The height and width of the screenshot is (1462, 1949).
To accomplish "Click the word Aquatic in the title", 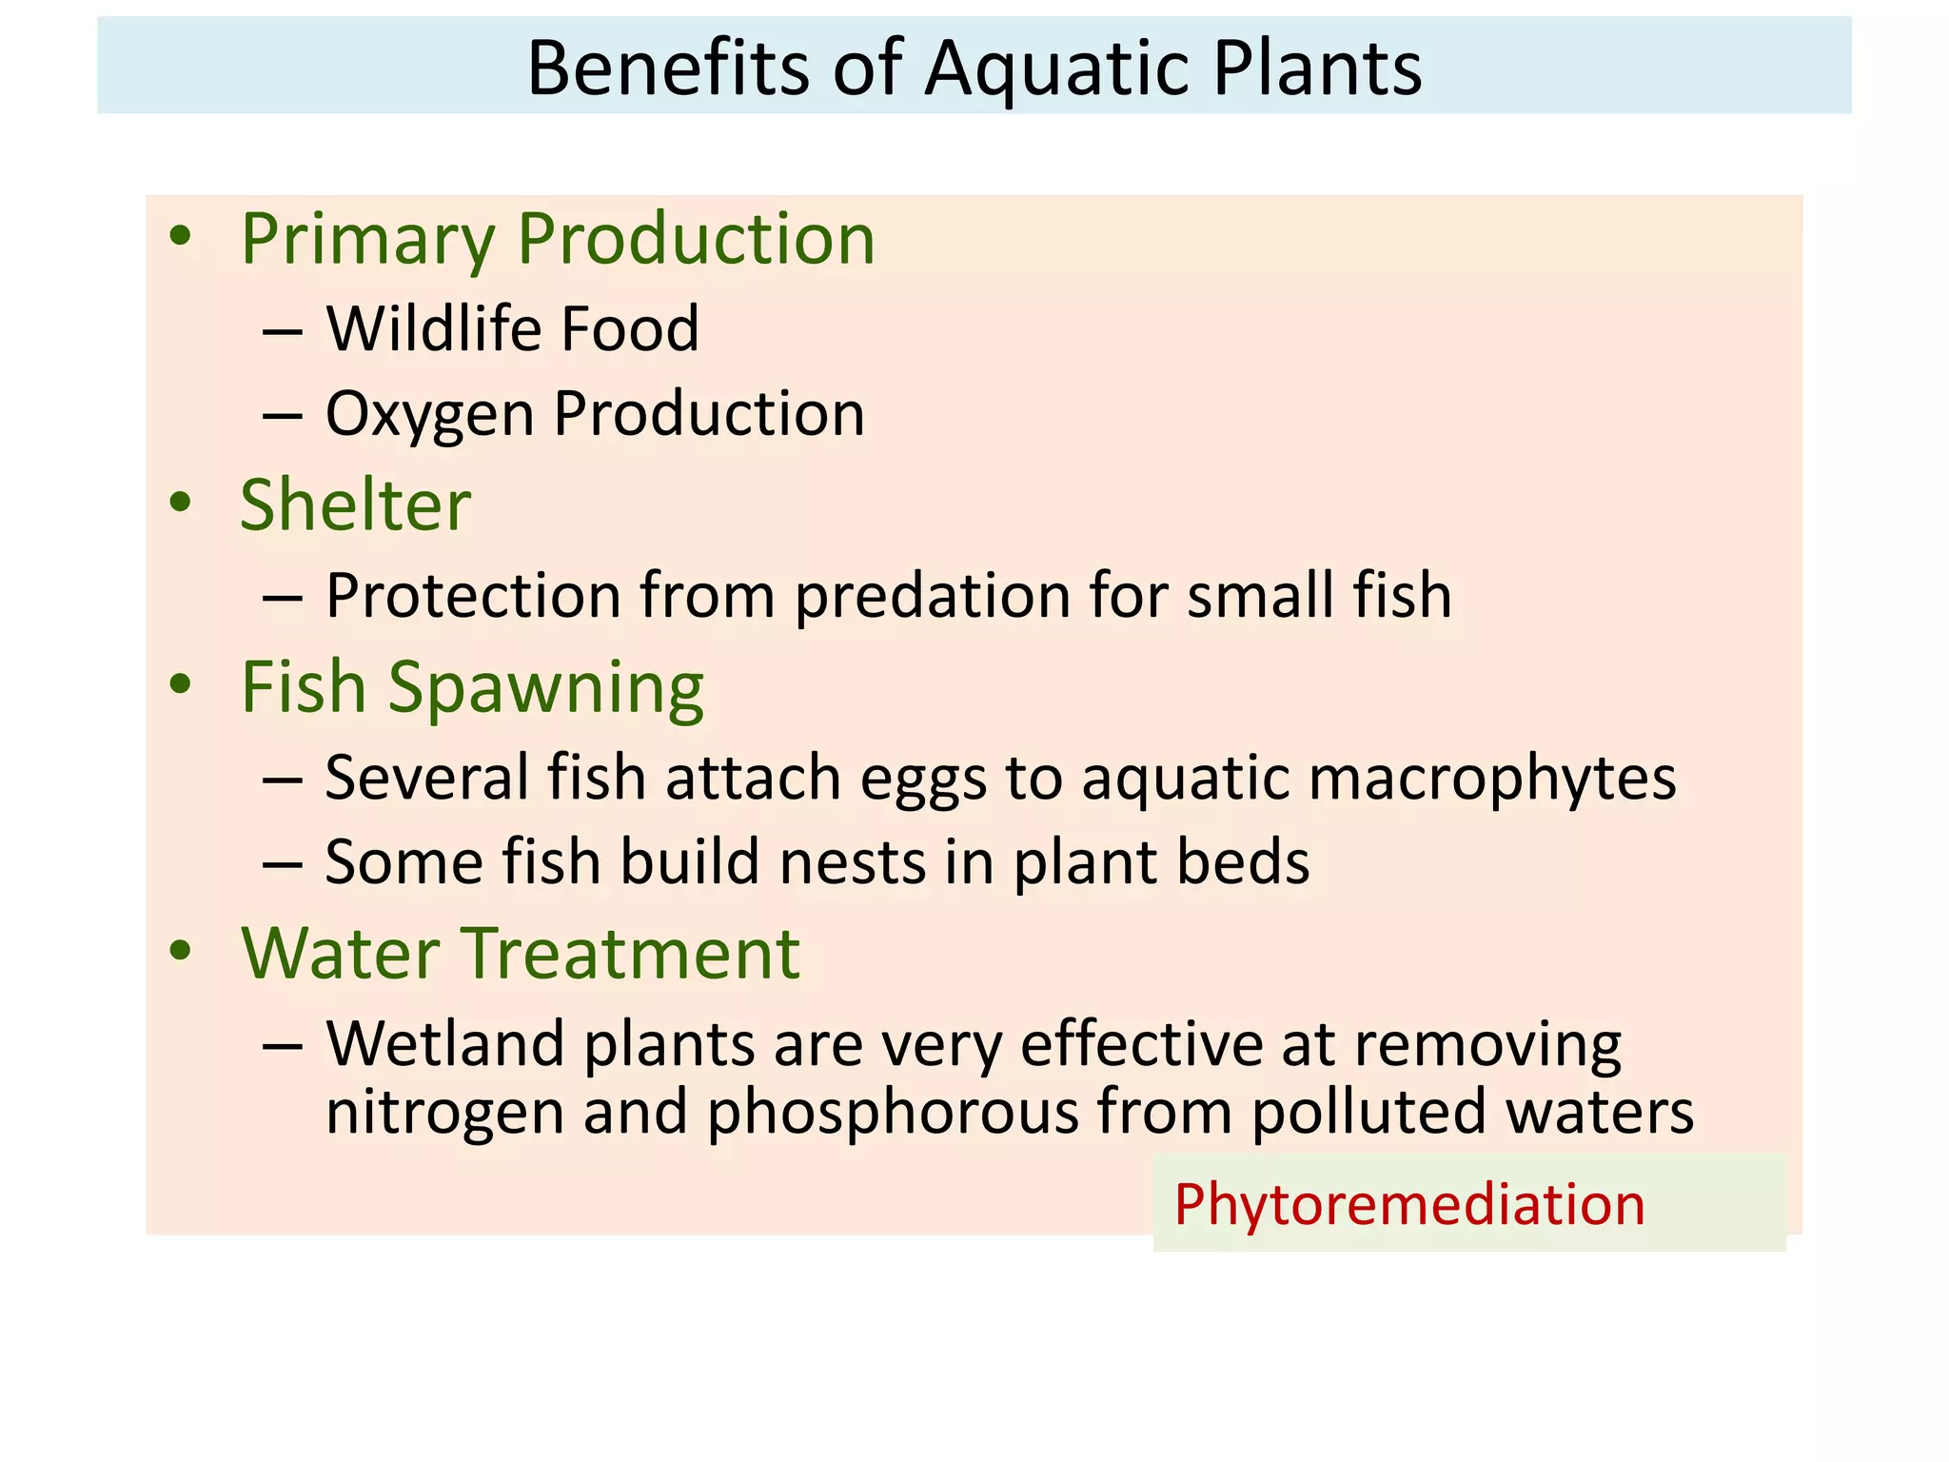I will [1054, 70].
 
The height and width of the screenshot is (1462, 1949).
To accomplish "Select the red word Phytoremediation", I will [1409, 1205].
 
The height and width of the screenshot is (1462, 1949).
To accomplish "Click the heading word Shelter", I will [355, 504].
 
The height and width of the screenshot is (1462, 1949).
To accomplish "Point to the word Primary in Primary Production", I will [367, 240].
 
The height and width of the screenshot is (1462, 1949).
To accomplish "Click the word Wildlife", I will [434, 328].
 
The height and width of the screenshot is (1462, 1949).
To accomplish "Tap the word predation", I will [933, 597].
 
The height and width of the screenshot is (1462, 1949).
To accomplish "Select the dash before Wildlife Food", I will [283, 332].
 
